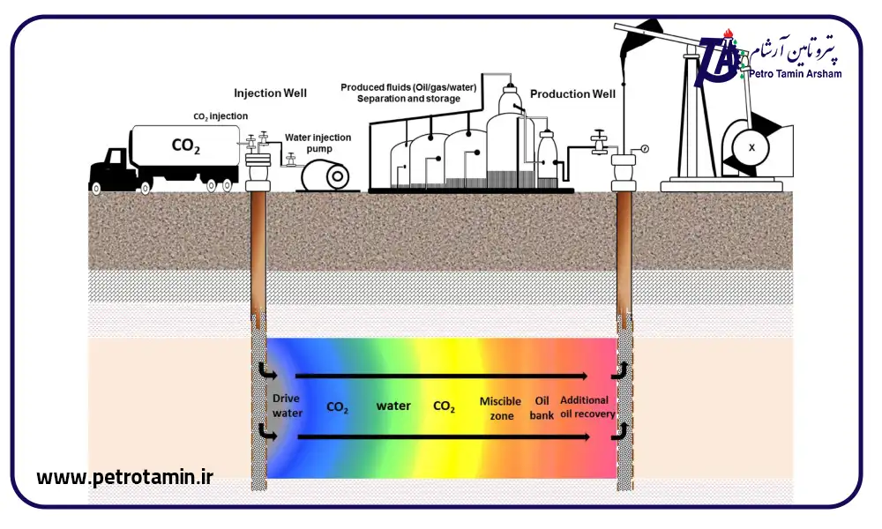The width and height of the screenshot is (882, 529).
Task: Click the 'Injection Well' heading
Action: (x=270, y=93)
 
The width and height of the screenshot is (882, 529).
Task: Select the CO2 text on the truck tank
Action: (x=184, y=145)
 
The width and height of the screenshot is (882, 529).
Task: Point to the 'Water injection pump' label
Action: (x=318, y=143)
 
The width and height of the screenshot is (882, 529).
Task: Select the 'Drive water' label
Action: (x=286, y=406)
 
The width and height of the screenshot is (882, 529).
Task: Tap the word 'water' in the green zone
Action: (x=393, y=406)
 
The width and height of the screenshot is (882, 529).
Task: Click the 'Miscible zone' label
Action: (x=500, y=407)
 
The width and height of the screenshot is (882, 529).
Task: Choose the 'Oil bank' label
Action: (x=542, y=407)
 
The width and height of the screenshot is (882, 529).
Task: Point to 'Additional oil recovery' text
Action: (x=587, y=406)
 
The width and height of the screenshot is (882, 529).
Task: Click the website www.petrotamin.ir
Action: (x=124, y=477)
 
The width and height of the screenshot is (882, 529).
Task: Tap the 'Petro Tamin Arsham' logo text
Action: (x=795, y=74)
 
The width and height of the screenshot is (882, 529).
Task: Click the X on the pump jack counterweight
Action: (x=751, y=148)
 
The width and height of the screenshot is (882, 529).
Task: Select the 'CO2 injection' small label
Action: (x=220, y=115)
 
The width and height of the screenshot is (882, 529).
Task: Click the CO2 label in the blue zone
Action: (x=337, y=408)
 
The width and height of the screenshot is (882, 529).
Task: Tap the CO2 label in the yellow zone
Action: (x=444, y=407)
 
